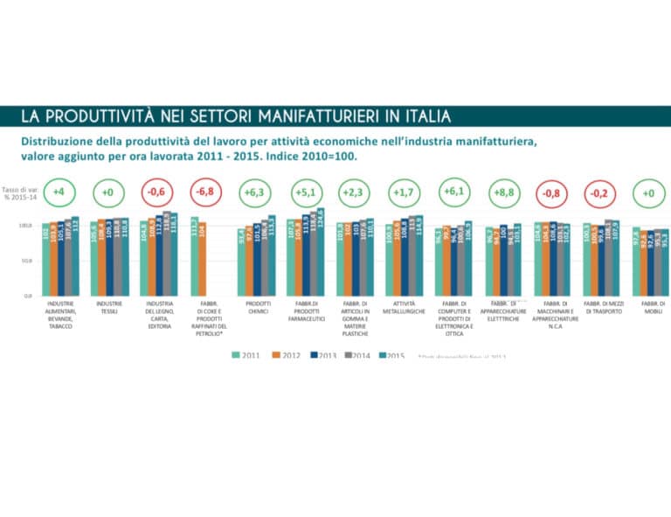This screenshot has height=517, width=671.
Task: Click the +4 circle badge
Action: click(59, 192)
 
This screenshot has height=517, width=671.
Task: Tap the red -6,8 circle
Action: click(206, 192)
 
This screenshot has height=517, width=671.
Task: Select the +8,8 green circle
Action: click(505, 192)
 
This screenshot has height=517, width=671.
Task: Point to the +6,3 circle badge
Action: click(255, 192)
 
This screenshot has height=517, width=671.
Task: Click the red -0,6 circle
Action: click(157, 192)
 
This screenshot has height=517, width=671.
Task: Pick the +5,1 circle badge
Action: click(305, 192)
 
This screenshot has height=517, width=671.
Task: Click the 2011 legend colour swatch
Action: click(236, 354)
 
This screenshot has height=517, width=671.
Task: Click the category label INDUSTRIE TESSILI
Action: click(109, 307)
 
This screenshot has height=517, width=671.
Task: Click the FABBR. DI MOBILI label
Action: click(652, 307)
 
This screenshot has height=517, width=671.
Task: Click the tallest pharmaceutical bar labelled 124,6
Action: click(320, 251)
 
